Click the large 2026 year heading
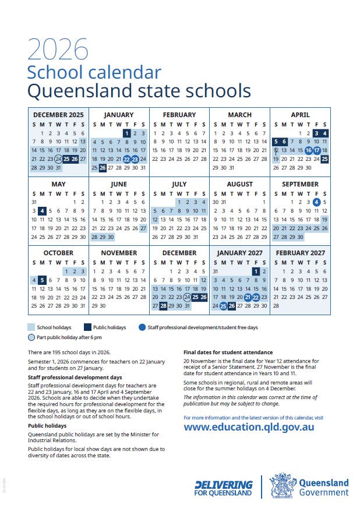coord(57,49)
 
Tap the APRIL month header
coord(300,115)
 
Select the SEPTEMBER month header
coord(300,184)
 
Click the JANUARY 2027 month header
coord(239,253)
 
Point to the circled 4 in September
coord(316,202)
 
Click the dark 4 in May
coord(42,211)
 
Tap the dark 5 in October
coord(42,280)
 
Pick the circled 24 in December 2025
coord(58,159)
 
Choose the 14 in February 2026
coord(203,142)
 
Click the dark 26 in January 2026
coord(103,168)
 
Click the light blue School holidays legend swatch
coord(31,327)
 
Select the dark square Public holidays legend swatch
coord(87,327)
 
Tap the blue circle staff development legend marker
coord(143,327)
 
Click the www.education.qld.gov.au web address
coord(249,426)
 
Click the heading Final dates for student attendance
coord(228,352)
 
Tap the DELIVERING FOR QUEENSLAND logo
coord(224,488)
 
